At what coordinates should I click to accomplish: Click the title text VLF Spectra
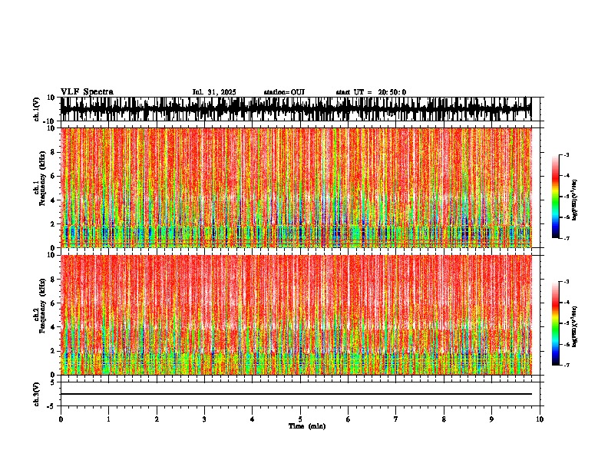click(87, 92)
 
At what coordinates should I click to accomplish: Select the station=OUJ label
click(284, 92)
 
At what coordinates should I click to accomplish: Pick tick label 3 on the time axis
click(204, 419)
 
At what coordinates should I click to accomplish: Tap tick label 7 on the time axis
click(396, 419)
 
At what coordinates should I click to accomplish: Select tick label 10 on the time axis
click(540, 419)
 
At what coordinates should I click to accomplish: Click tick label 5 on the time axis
click(300, 419)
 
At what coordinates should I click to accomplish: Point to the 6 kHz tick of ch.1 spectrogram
click(55, 176)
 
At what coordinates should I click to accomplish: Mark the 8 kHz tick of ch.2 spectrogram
click(55, 280)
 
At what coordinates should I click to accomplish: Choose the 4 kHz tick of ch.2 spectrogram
click(55, 327)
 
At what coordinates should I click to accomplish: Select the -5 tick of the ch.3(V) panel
click(53, 405)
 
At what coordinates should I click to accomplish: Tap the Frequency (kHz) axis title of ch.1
click(41, 187)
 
